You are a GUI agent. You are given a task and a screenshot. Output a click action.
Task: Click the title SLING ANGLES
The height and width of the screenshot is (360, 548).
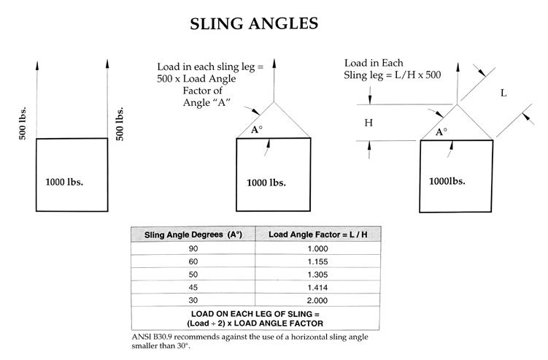tap(254, 23)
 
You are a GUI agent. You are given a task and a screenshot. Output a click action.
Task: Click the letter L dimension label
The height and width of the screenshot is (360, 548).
tap(503, 93)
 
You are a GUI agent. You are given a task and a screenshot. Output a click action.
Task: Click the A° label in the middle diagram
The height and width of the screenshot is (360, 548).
tap(255, 130)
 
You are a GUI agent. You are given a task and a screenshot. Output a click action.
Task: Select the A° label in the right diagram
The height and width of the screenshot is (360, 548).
tap(441, 132)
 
